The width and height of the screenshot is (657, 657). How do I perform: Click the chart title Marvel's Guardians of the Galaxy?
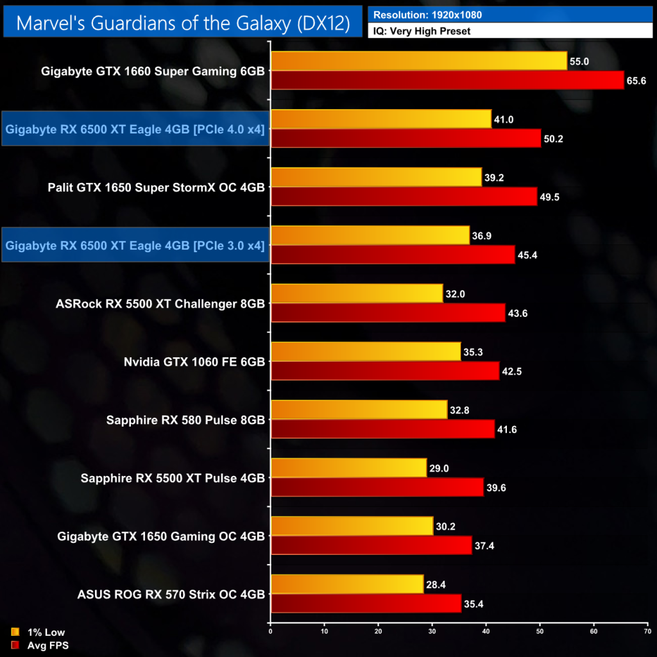pyautogui.click(x=183, y=23)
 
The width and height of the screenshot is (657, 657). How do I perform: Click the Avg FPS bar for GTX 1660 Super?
pyautogui.click(x=447, y=80)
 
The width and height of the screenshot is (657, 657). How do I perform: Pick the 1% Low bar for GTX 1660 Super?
pyautogui.click(x=419, y=61)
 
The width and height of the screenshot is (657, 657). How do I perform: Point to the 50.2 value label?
pyautogui.click(x=554, y=139)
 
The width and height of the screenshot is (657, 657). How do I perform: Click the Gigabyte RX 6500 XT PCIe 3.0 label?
pyautogui.click(x=135, y=245)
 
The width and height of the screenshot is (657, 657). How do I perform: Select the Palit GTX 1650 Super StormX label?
pyautogui.click(x=156, y=187)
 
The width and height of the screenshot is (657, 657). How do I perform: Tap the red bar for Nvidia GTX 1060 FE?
pyautogui.click(x=385, y=371)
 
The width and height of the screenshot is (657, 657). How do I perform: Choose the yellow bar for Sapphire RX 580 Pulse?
pyautogui.click(x=359, y=409)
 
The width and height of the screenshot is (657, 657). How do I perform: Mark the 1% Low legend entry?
pyautogui.click(x=38, y=633)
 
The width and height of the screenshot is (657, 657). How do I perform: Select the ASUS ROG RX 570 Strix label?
pyautogui.click(x=171, y=594)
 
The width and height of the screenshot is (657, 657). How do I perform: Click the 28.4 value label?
pyautogui.click(x=436, y=584)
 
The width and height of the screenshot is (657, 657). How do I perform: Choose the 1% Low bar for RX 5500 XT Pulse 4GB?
pyautogui.click(x=348, y=468)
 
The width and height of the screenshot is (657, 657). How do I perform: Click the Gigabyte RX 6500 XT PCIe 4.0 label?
pyautogui.click(x=135, y=129)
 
